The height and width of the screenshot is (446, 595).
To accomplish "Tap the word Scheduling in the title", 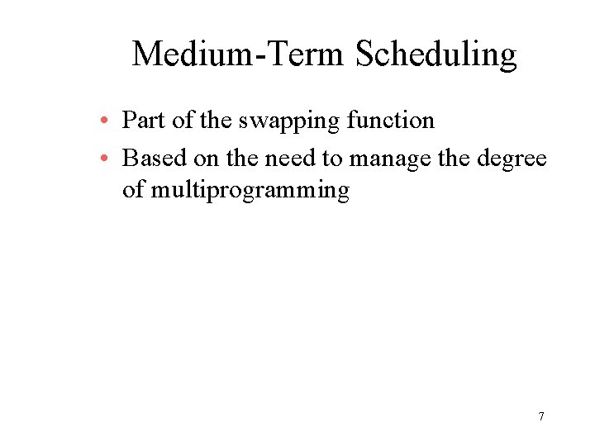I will point(436,55).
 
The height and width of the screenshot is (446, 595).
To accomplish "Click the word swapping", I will point(289,121).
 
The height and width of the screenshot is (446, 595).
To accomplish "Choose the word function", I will point(390,121).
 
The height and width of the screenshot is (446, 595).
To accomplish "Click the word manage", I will point(390,157).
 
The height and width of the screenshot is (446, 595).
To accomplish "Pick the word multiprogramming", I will point(250,191).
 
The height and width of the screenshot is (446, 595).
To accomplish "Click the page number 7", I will point(540,416).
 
